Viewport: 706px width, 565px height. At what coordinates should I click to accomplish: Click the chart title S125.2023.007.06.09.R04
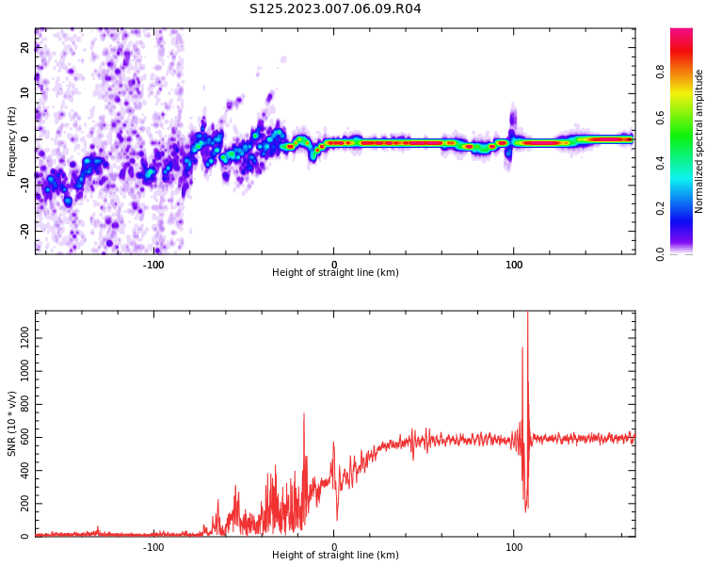point(335,9)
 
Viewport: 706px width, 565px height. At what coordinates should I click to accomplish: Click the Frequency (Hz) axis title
point(12,141)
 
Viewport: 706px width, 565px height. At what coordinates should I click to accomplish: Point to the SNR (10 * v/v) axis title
point(12,424)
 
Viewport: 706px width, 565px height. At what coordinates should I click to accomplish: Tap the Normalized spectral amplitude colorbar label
point(699,141)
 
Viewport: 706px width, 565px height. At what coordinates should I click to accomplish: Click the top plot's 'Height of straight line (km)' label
point(335,273)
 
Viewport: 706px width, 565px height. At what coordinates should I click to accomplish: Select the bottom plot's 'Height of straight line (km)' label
point(335,556)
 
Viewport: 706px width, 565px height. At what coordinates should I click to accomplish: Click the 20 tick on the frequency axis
point(25,48)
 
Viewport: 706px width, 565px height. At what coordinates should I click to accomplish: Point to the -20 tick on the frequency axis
point(24,231)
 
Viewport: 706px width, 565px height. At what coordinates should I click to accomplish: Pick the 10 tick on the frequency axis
point(25,93)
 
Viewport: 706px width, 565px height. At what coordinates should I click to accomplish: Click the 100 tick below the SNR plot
point(514,547)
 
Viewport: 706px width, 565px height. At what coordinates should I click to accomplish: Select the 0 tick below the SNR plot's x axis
point(333,547)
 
